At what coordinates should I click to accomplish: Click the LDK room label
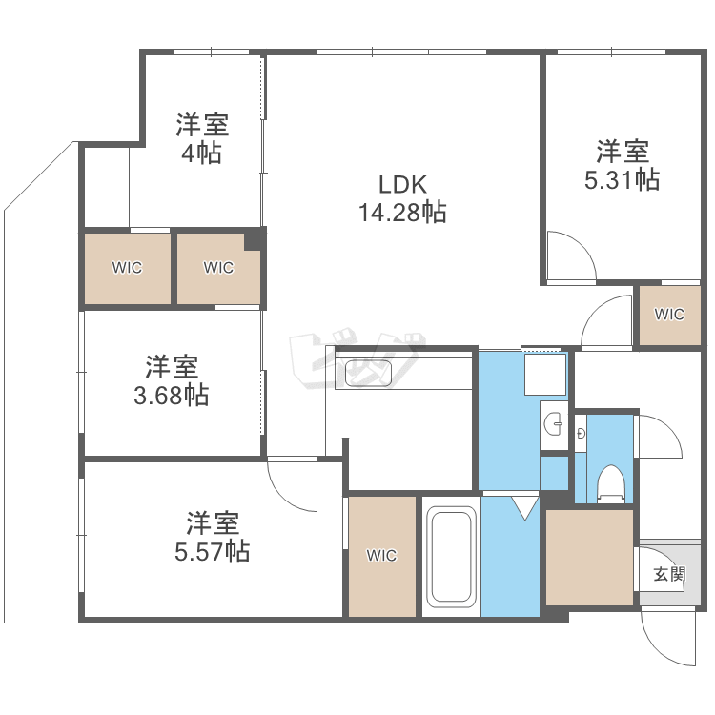[402, 185]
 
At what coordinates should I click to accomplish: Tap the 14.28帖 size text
[402, 212]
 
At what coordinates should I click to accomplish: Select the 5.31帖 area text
[622, 179]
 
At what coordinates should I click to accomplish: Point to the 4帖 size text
[201, 153]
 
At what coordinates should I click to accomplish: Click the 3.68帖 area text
[172, 396]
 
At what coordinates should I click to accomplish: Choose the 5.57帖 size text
[212, 551]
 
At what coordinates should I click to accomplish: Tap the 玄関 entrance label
[669, 574]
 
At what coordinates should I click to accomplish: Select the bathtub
[451, 557]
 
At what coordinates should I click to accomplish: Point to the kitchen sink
[368, 374]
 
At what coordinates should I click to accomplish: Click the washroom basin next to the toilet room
[554, 424]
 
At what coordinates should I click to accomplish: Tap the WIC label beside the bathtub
[381, 556]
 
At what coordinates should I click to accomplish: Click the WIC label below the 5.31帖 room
[669, 315]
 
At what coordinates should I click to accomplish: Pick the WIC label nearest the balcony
[127, 268]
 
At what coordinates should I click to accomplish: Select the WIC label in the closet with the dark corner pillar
[218, 268]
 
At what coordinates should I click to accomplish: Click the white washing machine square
[545, 375]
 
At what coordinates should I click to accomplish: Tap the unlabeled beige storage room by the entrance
[589, 558]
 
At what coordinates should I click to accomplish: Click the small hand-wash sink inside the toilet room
[581, 433]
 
